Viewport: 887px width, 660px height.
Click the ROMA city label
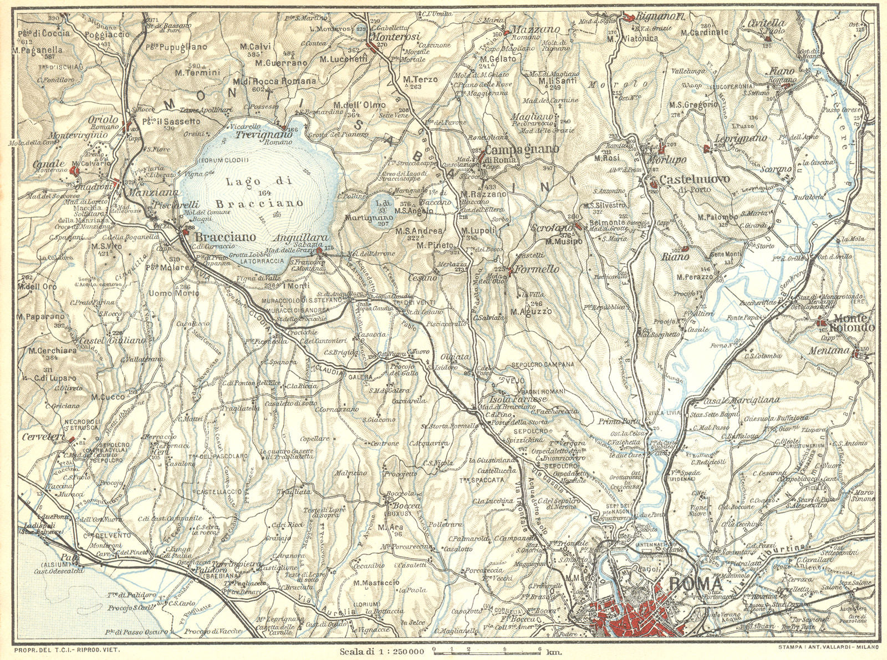(695, 584)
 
